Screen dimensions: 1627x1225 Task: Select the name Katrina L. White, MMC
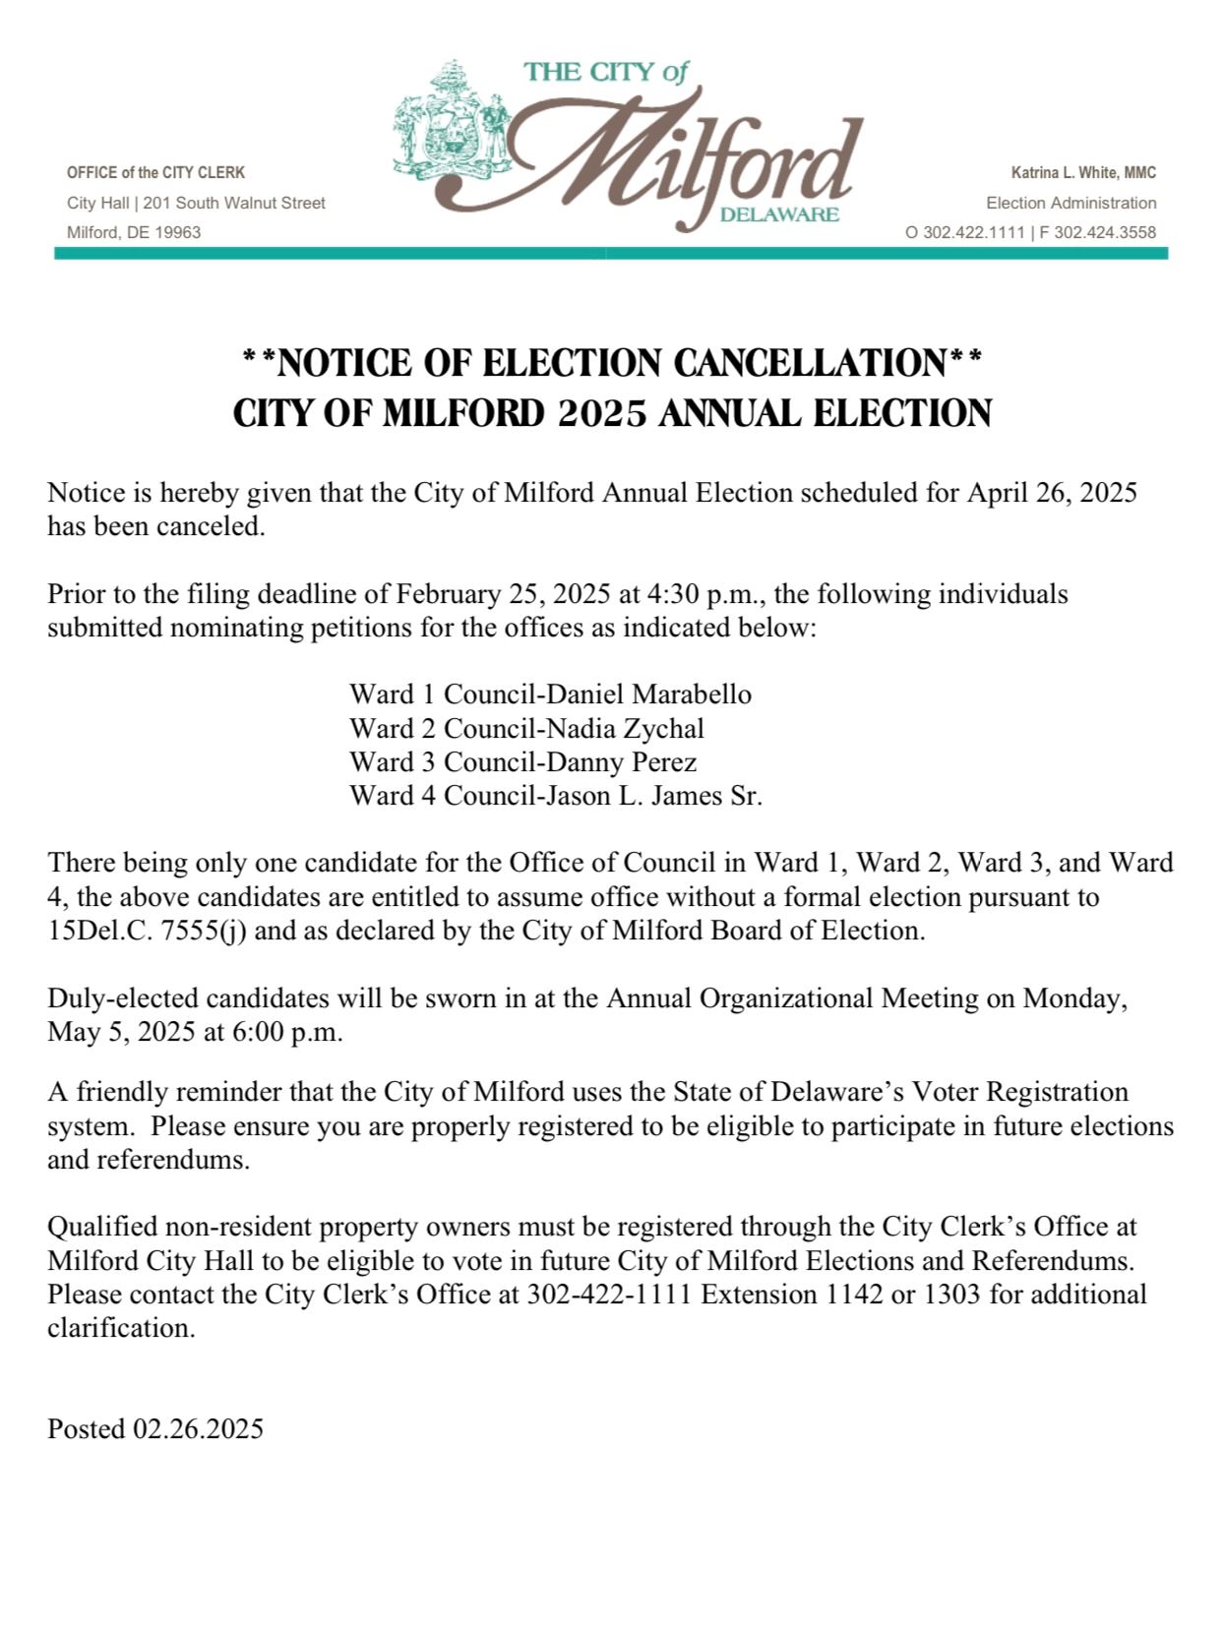pos(1083,173)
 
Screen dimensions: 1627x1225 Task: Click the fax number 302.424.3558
pos(1105,233)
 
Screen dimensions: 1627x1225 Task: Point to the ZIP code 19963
pos(178,233)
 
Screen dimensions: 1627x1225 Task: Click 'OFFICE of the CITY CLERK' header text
pos(155,173)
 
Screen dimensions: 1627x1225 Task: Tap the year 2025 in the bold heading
pos(602,414)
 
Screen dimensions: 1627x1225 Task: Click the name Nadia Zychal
pos(625,729)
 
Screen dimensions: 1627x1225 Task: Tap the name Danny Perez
pos(621,762)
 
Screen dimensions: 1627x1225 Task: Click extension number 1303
pos(951,1295)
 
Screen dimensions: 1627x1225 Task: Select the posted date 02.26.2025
pos(198,1429)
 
